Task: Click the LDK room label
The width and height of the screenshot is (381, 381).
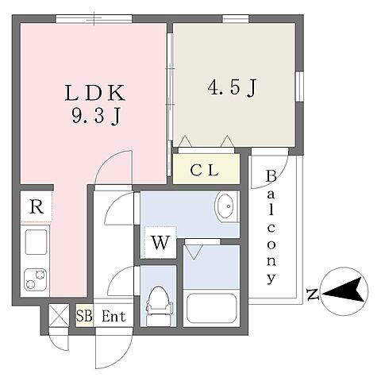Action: [94, 93]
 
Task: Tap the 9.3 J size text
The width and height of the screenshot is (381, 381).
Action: [96, 117]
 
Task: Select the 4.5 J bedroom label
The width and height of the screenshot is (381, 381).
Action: [232, 87]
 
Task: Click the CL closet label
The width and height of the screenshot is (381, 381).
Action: [204, 170]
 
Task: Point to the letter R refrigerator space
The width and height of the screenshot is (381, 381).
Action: [37, 206]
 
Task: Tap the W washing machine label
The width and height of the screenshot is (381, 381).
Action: [160, 242]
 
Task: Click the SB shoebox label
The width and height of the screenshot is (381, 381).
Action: [84, 316]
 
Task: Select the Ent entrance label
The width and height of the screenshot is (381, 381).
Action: [114, 316]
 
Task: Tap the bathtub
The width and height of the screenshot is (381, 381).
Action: [211, 308]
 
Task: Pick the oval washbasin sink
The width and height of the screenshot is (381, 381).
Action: [225, 206]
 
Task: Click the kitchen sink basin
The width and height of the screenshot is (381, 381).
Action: [36, 242]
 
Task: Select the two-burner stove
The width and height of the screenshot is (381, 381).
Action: [35, 279]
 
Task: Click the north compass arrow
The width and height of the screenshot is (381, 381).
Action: [343, 291]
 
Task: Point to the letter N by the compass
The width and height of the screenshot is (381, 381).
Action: [313, 294]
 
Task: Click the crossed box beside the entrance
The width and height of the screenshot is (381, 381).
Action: [59, 316]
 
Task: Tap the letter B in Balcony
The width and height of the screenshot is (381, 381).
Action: [271, 176]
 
